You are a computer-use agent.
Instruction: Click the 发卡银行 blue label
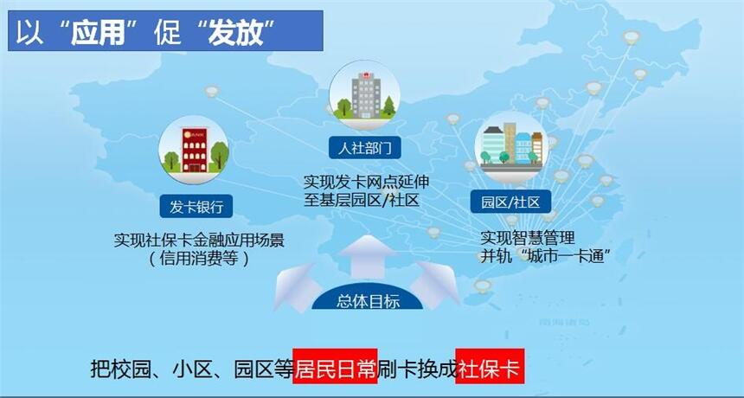(x=196, y=206)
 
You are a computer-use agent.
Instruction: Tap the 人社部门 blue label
(x=364, y=148)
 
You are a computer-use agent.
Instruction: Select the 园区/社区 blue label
(x=510, y=202)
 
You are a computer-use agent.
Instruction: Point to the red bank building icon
(x=194, y=150)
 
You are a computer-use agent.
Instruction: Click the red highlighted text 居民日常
(x=335, y=369)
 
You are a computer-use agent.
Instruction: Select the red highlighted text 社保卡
(x=490, y=369)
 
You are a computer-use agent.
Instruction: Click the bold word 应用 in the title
(x=98, y=33)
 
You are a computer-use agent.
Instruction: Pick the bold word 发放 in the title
(x=235, y=33)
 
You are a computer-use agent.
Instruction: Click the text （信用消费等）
(x=199, y=259)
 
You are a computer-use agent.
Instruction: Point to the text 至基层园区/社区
(x=362, y=200)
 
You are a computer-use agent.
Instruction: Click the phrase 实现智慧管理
(x=528, y=237)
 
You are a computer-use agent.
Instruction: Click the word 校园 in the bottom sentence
(x=128, y=369)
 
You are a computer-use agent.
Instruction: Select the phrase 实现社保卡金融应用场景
(x=199, y=240)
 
